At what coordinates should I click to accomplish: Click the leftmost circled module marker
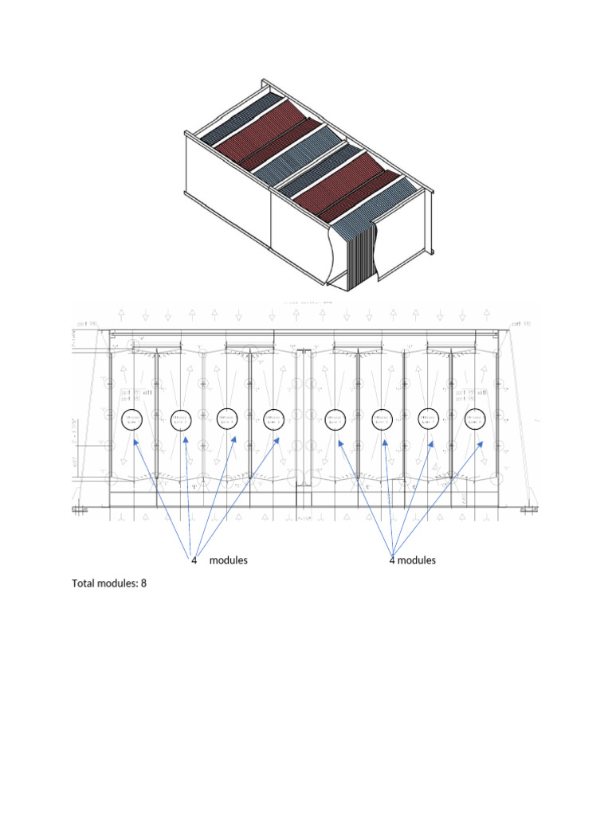(131, 419)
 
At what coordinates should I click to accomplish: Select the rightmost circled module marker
(476, 419)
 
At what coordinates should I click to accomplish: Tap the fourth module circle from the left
(273, 419)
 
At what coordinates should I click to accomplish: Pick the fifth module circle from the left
(335, 419)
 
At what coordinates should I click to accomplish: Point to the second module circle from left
(181, 419)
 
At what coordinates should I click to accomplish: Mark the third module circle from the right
(382, 419)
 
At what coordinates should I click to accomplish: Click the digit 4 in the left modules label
(194, 560)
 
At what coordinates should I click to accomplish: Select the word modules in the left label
(228, 560)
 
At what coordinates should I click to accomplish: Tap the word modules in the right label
(416, 560)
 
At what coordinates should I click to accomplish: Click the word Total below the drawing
(84, 584)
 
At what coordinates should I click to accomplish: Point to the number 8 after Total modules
(144, 584)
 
